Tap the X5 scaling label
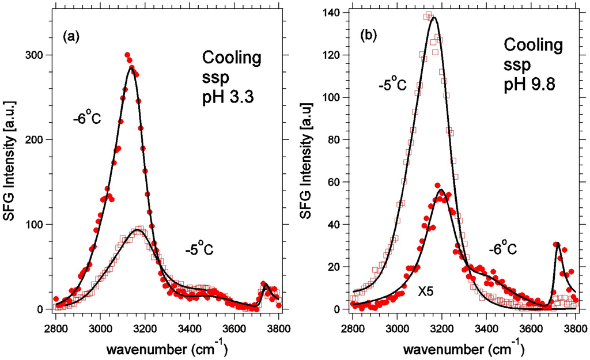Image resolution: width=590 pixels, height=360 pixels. point(426,292)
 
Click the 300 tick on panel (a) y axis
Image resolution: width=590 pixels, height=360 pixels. point(40,55)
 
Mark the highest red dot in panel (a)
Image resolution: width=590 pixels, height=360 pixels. point(127,55)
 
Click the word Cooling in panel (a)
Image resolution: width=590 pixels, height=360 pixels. point(231,58)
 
